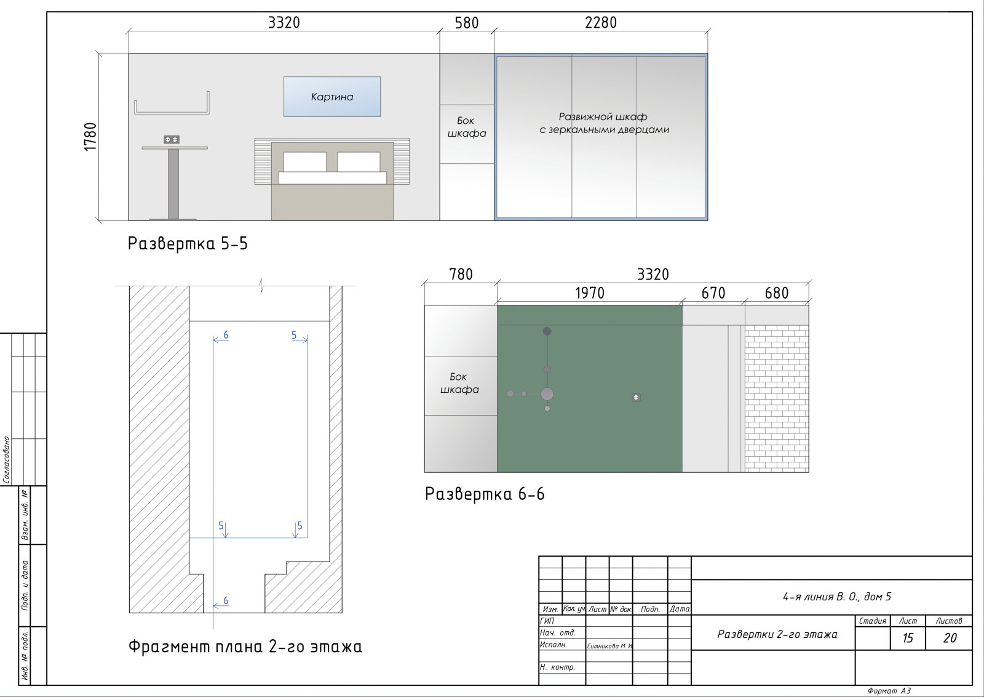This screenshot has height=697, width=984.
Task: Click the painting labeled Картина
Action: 332,97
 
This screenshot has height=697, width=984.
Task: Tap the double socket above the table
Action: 172,139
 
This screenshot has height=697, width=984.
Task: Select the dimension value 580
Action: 467,23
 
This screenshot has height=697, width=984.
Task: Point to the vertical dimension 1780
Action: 90,137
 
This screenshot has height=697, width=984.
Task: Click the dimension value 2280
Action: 600,22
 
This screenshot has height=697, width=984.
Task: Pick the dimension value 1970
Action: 590,293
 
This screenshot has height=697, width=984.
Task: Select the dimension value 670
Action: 713,293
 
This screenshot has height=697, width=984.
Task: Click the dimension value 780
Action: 461,275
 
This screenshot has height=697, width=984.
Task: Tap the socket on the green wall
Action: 636,398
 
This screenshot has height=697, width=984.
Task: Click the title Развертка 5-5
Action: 188,244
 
